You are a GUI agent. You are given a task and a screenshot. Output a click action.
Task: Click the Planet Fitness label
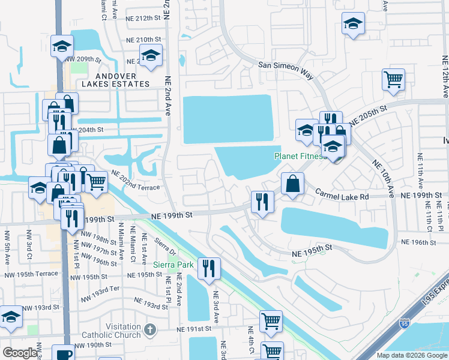[300, 156]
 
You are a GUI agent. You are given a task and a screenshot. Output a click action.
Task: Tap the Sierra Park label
[173, 265]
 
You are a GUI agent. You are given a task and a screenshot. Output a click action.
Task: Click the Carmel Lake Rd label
[340, 193]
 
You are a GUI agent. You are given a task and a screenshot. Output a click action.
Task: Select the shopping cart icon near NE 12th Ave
[393, 79]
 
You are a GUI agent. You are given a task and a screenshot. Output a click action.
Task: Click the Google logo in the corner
[20, 353]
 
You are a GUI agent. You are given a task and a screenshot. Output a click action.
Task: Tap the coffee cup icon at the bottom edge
[63, 353]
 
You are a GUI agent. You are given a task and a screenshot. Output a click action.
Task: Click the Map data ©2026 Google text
[411, 355]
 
